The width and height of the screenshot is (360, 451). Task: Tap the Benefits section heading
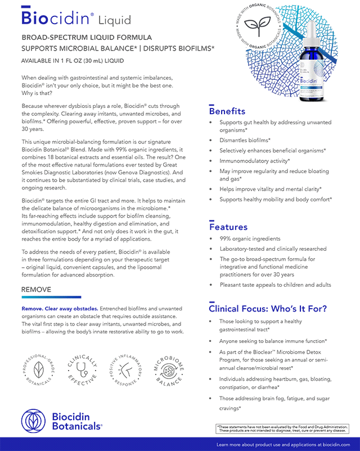[x=227, y=111]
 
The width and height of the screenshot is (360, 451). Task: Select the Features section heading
[x=228, y=227]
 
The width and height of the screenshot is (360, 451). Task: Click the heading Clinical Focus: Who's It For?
[x=267, y=309]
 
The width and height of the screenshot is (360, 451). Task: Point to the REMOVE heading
[x=36, y=290]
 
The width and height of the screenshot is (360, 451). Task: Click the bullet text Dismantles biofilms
[x=245, y=139]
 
